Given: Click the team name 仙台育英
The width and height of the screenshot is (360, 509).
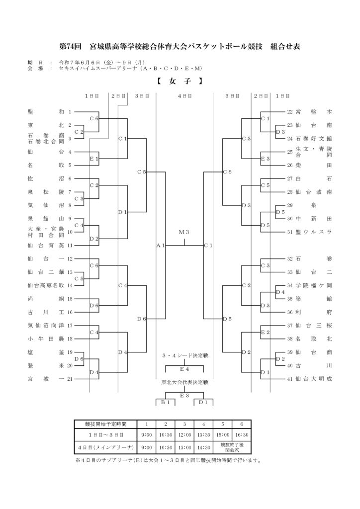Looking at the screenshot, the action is pos(46,246).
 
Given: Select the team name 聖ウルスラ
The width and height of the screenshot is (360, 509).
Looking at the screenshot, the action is pos(314,232).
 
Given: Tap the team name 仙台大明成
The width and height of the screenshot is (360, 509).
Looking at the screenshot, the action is pos(314,379).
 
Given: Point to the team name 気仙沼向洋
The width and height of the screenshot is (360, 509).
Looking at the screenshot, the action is pos(46,325).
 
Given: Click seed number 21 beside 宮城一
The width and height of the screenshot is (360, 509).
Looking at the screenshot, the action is pos(70,379).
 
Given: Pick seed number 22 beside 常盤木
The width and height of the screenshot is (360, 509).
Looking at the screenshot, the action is pos(290,112).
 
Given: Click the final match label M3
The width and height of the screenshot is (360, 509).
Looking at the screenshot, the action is pos(184,232).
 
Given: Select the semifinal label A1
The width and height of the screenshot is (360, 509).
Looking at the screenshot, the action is pos(161,246).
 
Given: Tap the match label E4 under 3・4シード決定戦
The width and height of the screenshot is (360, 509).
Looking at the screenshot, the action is pos(184,369).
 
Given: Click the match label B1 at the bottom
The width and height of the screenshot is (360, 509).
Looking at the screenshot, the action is pos(166,403).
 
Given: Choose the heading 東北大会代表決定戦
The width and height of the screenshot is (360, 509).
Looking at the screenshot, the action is pos(184,382).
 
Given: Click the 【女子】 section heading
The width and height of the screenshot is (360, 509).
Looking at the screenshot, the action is pos(180,81).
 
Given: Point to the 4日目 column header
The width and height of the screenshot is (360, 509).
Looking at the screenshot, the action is pos(184,96).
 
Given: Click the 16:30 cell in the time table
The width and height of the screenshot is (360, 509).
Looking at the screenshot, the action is pos(242,435).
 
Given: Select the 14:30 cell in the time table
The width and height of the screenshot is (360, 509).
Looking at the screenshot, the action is pos(203,448).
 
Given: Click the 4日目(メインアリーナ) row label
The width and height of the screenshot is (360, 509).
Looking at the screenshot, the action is pos(106,448).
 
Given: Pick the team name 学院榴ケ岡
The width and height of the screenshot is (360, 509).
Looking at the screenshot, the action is pos(314,285).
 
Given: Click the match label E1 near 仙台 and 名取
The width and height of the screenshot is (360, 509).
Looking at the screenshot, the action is pos(94,159).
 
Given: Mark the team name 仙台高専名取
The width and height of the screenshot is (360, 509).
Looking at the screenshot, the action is pos(46,285).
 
